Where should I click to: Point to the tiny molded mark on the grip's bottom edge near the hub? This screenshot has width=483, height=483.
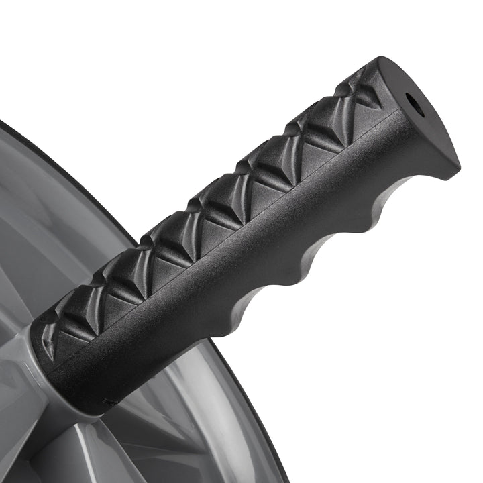pos(107,402)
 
